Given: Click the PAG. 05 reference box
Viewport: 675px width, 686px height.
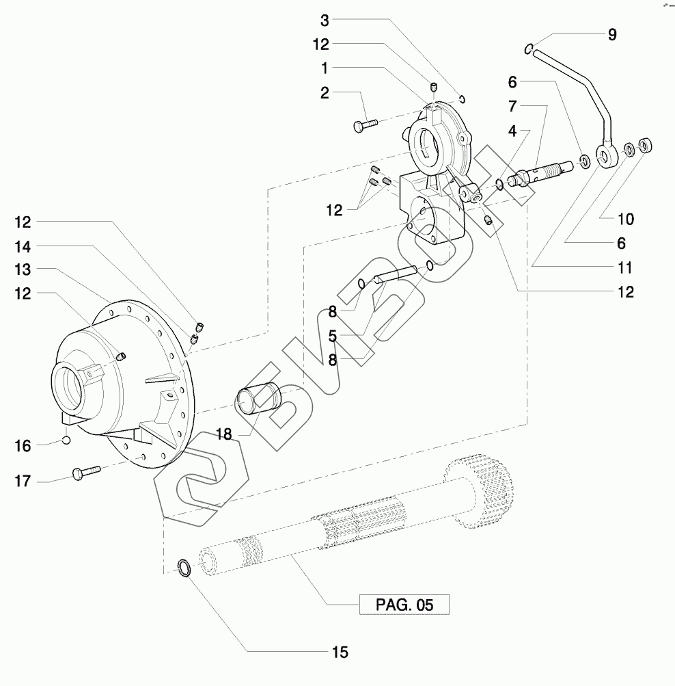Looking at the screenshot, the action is coord(404,605).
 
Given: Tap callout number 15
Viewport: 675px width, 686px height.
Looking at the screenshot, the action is coord(340,652).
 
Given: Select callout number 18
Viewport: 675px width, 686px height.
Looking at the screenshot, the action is coord(223,434).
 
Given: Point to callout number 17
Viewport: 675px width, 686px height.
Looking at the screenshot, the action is coord(23,481).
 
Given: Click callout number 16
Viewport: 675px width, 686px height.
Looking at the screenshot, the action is coord(23,446).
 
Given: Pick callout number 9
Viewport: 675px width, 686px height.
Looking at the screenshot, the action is coord(612,35).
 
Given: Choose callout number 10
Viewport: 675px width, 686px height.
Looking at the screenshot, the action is coord(626,219).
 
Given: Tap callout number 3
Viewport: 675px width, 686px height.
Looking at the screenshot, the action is coord(325,20).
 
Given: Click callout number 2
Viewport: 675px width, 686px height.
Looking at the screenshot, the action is coord(325,93).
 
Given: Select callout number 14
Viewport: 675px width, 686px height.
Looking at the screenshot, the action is coord(23,247).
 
